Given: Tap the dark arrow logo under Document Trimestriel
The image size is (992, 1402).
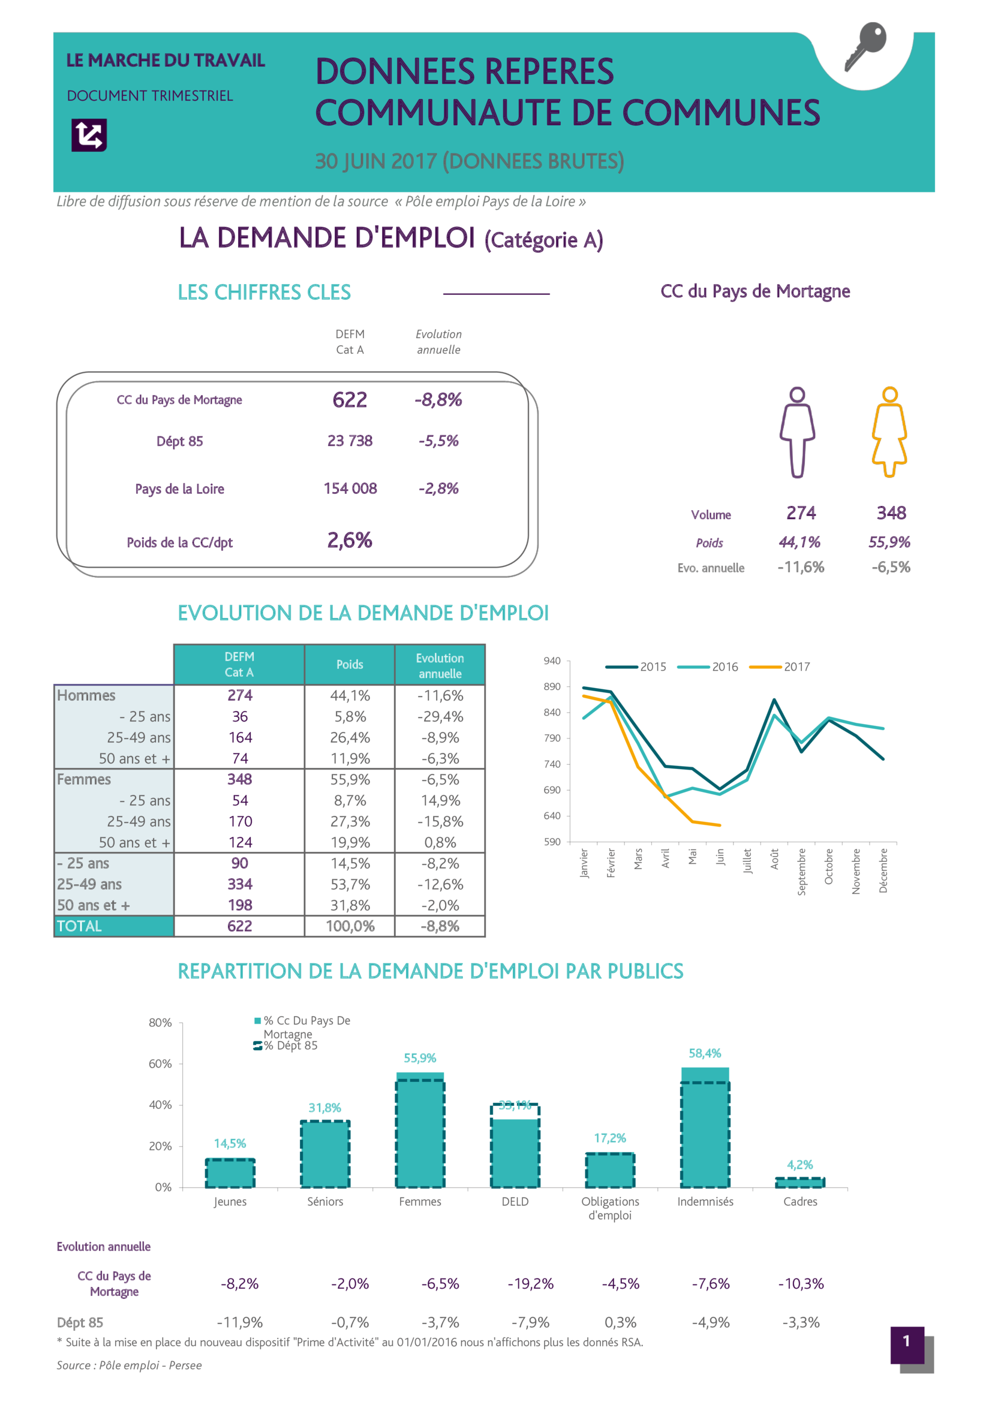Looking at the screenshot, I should click(x=89, y=135).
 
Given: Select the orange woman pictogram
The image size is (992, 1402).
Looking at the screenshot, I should click(x=889, y=432).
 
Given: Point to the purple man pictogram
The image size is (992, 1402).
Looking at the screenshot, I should click(x=797, y=432).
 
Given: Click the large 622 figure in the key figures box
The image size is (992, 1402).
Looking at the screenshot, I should click(x=350, y=400).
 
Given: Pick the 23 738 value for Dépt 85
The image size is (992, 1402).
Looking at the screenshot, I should click(x=350, y=441).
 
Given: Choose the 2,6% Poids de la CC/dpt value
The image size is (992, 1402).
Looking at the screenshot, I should click(x=350, y=541).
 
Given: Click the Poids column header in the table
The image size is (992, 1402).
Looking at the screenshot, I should click(x=350, y=664).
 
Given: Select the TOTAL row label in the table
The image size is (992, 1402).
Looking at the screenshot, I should click(x=79, y=926).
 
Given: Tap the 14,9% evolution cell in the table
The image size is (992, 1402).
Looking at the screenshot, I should click(x=440, y=801).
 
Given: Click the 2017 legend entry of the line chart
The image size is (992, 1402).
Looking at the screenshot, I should click(x=781, y=667).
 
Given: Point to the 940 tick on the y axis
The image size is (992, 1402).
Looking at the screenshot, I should click(x=552, y=661).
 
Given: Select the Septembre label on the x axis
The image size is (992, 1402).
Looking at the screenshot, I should click(x=801, y=872).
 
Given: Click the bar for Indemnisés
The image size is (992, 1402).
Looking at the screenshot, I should click(x=705, y=1130).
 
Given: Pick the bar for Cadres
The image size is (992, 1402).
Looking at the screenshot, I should click(x=799, y=1183).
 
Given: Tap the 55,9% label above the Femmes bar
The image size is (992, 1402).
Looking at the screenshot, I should click(x=420, y=1058).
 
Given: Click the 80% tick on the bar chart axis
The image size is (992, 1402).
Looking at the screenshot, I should click(x=160, y=1023).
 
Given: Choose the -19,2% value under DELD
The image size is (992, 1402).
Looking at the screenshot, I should click(x=530, y=1284).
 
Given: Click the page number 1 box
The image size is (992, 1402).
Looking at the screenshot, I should click(x=907, y=1341).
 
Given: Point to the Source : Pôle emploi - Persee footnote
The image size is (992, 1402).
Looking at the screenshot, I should click(x=129, y=1365).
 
